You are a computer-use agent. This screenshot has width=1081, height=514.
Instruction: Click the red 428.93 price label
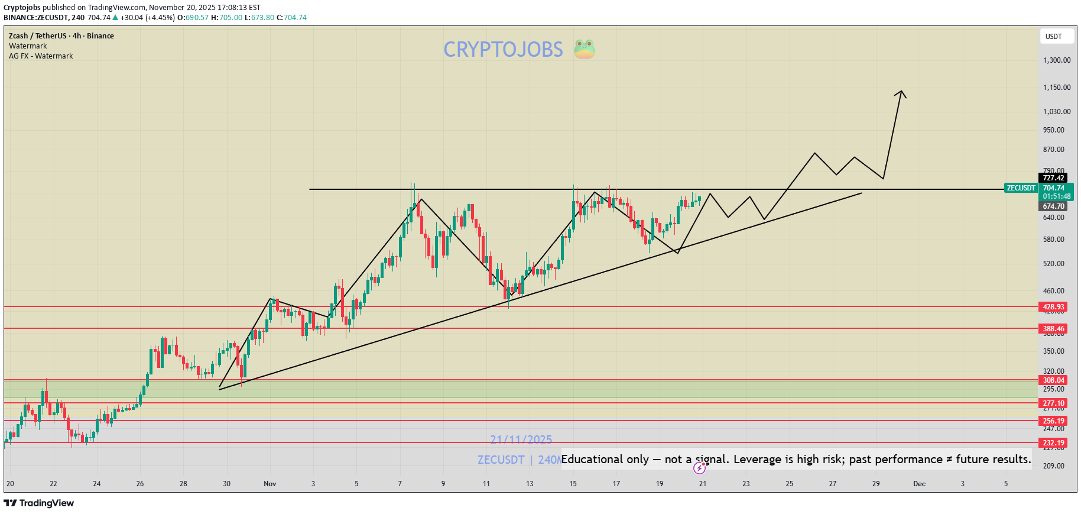click(1053, 307)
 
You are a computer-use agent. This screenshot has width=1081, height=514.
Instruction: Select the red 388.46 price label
click(1053, 329)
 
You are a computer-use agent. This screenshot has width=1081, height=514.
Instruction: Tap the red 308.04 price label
click(1053, 380)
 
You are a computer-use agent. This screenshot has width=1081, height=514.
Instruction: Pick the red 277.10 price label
click(1053, 403)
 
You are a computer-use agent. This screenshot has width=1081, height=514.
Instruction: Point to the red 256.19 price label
click(1053, 421)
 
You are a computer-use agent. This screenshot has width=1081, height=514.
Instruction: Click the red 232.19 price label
click(1053, 443)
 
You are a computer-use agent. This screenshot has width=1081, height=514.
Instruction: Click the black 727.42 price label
click(1053, 178)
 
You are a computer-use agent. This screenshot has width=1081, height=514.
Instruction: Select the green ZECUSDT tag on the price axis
click(1021, 188)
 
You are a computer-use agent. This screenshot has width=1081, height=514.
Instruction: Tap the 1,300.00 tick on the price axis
click(1057, 60)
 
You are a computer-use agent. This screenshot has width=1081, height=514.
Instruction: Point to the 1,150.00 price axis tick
click(1057, 88)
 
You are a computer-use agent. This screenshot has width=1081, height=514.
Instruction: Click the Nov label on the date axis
click(270, 484)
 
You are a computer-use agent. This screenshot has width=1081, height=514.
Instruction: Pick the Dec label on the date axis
click(919, 484)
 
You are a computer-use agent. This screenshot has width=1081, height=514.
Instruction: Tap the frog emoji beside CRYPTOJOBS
click(584, 49)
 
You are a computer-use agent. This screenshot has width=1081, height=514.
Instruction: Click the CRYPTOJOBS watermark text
click(503, 50)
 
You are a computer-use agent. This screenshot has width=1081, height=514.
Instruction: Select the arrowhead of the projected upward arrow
click(901, 93)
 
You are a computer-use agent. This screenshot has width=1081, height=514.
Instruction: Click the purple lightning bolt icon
click(699, 468)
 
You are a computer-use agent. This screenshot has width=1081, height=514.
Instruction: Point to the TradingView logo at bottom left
click(39, 503)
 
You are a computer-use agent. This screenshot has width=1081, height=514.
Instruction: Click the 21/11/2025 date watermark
click(521, 439)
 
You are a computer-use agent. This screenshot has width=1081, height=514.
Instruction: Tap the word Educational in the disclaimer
click(592, 459)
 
